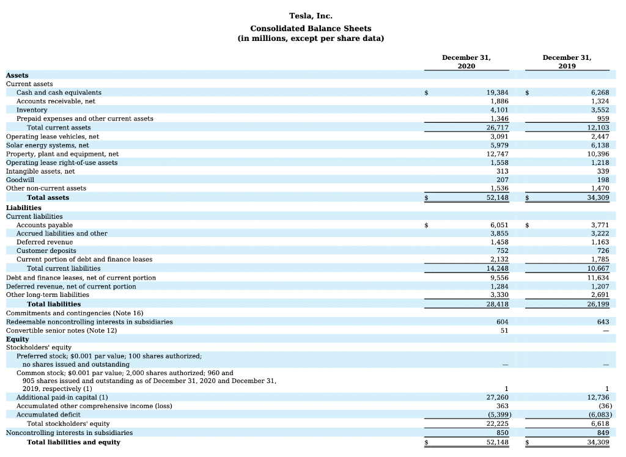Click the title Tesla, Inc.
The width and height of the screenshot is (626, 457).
[x=311, y=16]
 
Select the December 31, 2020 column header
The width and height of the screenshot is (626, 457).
[x=466, y=61]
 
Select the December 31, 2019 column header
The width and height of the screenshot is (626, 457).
[x=567, y=61]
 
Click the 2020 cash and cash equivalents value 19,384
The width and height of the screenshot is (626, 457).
[x=497, y=92]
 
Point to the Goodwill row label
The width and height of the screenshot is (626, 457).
[x=20, y=180]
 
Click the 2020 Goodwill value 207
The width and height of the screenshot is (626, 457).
[x=502, y=180]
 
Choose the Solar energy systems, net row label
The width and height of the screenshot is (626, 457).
[x=47, y=145]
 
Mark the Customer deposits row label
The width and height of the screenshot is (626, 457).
[x=46, y=250]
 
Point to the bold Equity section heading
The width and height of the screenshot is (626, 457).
[x=17, y=338]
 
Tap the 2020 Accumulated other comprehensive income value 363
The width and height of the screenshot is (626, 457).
[x=502, y=406]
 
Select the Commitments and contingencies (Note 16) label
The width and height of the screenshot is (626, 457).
[x=75, y=313]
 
